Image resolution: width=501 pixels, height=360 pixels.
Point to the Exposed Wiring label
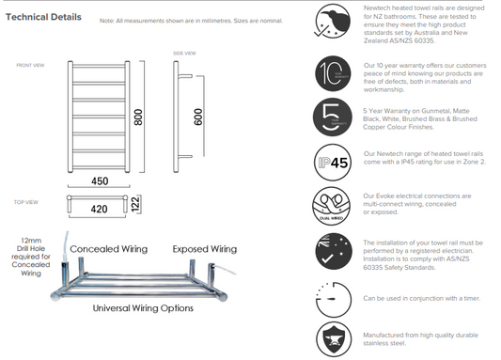click(x=203, y=249)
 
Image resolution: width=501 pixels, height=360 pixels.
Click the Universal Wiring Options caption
click(x=143, y=307)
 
